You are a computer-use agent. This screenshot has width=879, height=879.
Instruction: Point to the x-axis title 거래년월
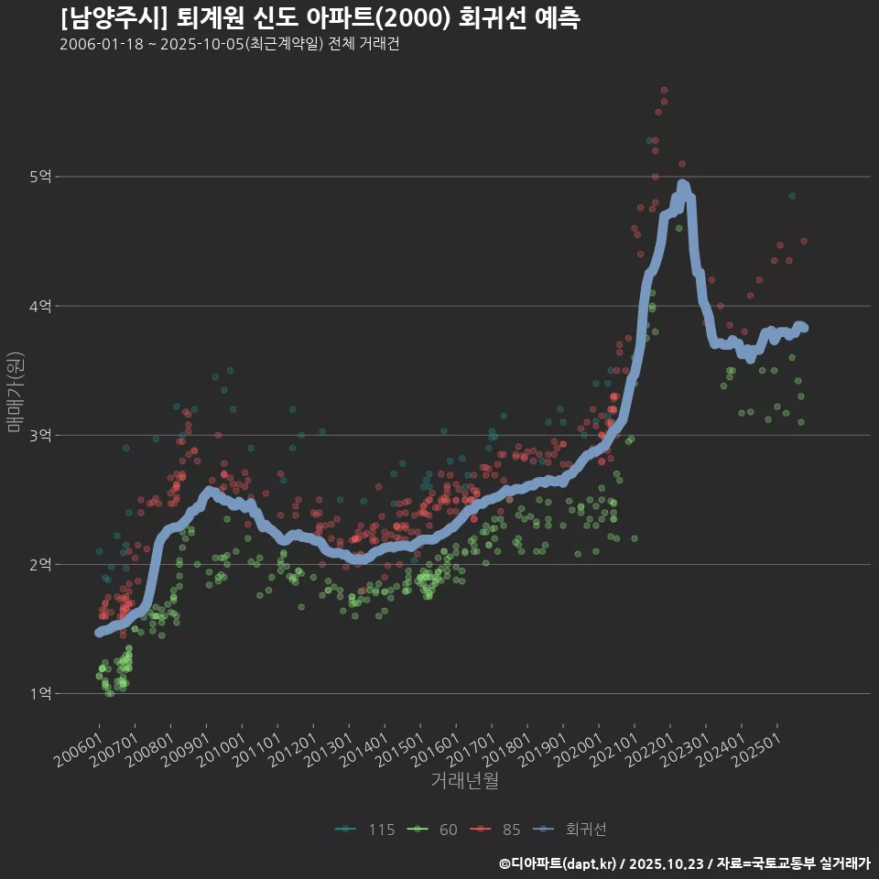(464, 781)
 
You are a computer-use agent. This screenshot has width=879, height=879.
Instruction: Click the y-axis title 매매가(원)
(16, 392)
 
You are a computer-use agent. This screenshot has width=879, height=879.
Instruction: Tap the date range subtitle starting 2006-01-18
(229, 45)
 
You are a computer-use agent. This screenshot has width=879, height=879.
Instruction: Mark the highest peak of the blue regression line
(682, 185)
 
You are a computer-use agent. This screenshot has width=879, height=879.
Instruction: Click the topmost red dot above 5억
(664, 91)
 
